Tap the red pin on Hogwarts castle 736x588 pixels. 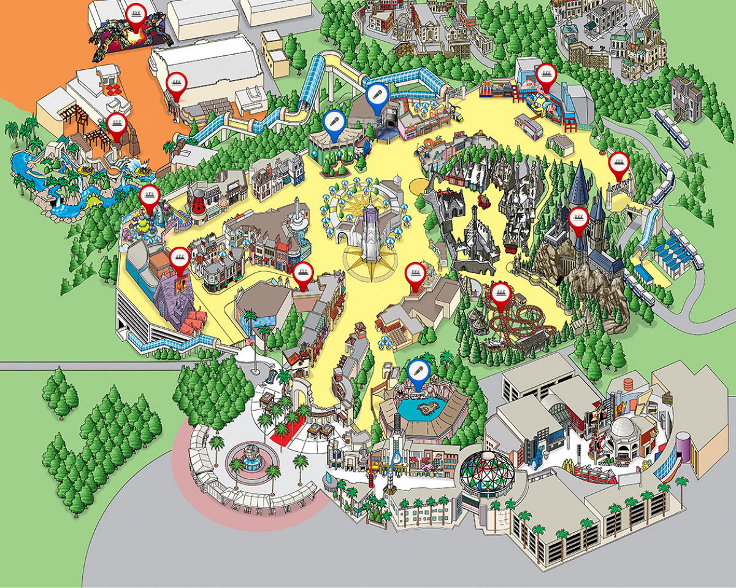tap(577, 217)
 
